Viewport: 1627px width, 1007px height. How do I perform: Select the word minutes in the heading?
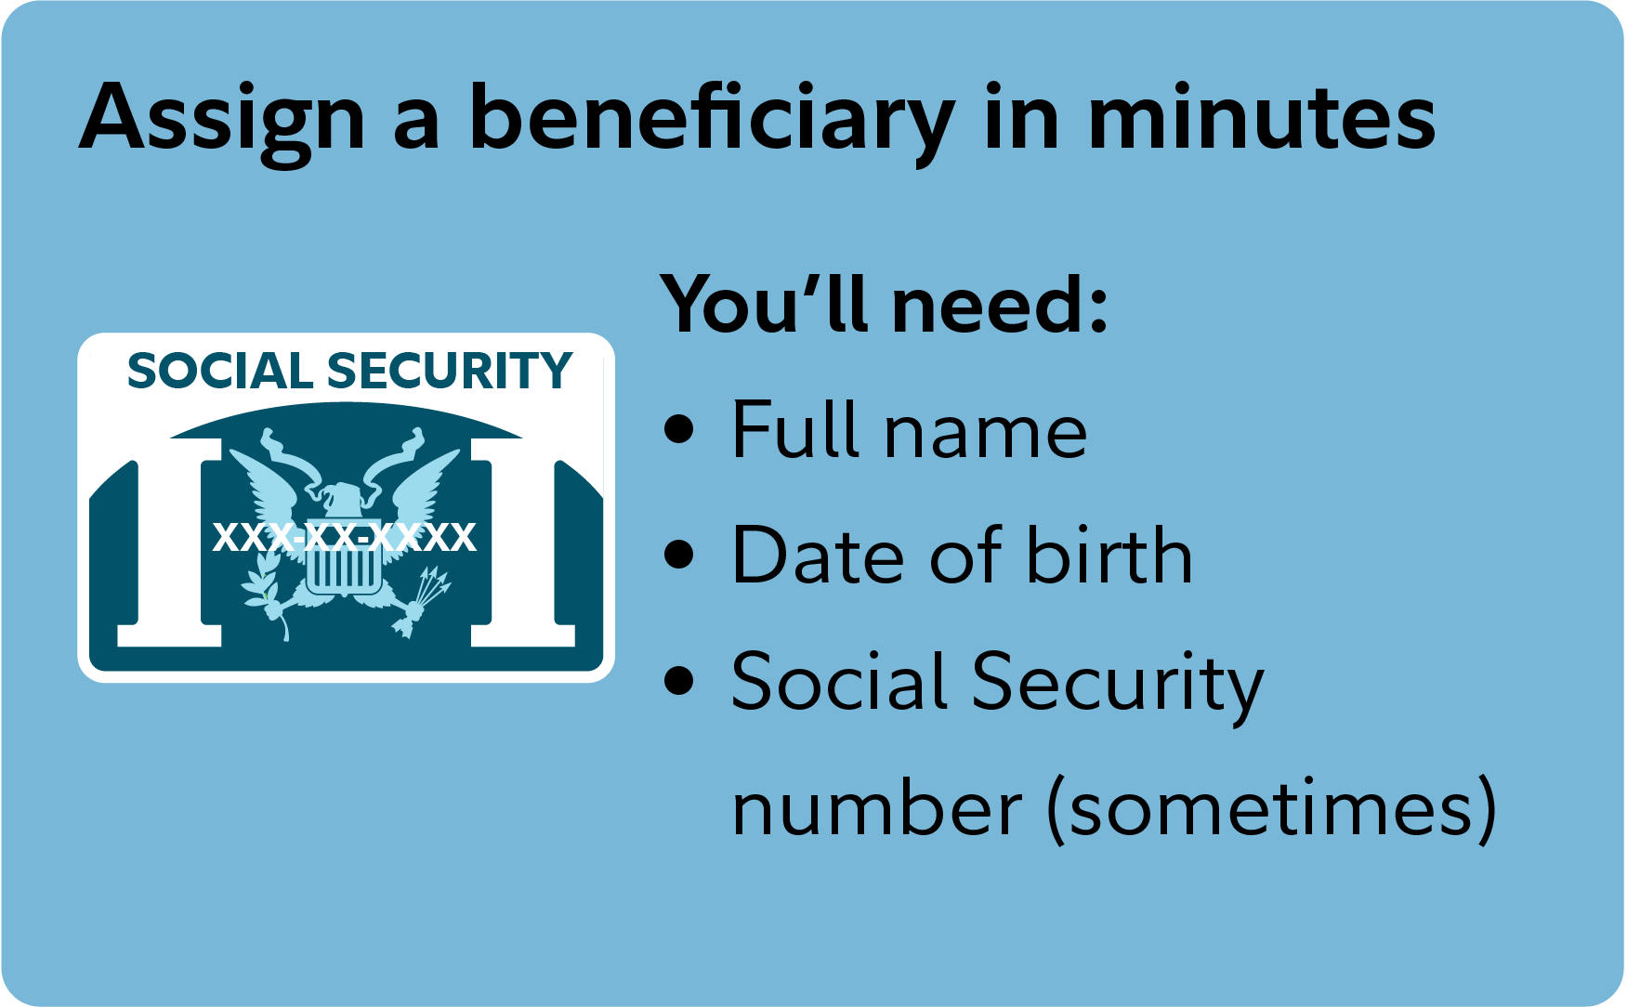click(1261, 118)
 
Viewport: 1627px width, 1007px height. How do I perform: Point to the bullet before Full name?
click(680, 429)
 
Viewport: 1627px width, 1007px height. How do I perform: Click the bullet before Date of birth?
click(680, 555)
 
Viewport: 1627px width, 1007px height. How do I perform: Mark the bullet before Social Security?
click(680, 680)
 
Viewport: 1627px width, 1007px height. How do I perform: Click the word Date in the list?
click(820, 555)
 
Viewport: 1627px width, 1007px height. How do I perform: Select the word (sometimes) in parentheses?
click(1272, 806)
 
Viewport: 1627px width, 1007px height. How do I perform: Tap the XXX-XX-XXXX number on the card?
click(345, 537)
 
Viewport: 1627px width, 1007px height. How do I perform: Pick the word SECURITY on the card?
click(450, 372)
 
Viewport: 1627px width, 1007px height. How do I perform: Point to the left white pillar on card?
click(170, 543)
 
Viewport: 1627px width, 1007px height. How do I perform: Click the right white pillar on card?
click(522, 543)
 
